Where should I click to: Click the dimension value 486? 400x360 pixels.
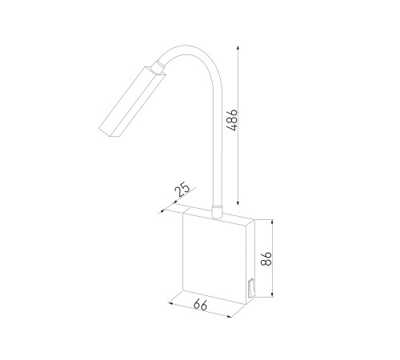pos(232,120)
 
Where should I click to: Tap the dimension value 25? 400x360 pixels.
pos(182,189)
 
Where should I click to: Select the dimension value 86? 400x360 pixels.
pos(266,258)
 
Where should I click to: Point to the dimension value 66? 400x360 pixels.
pos(200,305)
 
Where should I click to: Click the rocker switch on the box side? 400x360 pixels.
pos(251,288)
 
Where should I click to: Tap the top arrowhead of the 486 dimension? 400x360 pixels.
pos(238,48)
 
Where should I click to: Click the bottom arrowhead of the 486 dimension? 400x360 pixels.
pos(238,202)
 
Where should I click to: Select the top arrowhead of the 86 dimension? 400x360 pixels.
pos(272,222)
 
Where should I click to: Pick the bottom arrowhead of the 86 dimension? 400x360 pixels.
pos(272,294)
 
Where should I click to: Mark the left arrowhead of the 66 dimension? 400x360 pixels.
pos(171,304)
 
